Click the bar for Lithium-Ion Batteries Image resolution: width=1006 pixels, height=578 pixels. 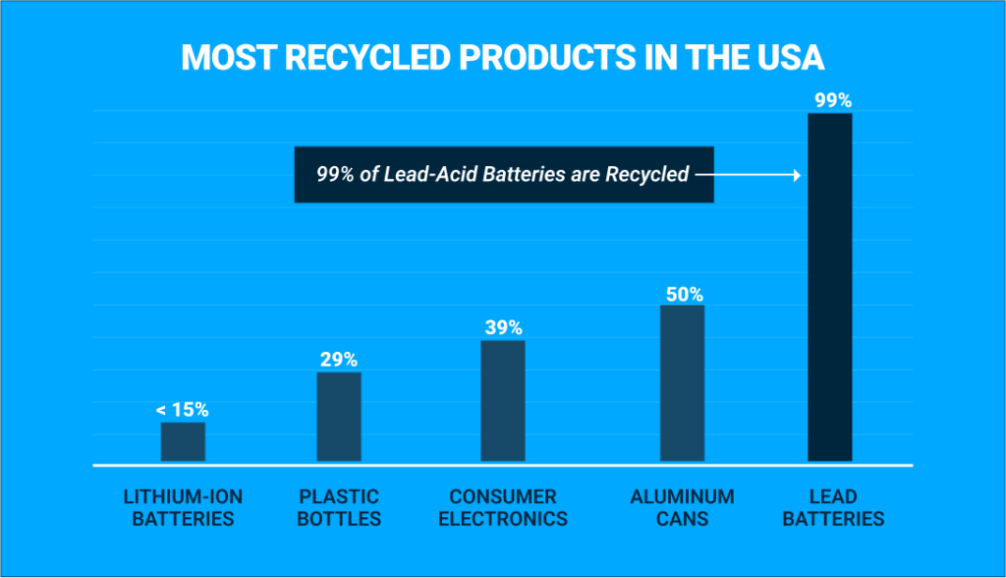click(x=183, y=442)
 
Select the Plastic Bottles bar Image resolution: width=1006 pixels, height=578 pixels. click(x=338, y=417)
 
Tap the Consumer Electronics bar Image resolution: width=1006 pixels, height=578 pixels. click(x=503, y=401)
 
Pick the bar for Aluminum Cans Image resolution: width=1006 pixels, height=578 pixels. click(x=682, y=383)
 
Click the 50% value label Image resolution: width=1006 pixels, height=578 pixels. click(x=682, y=293)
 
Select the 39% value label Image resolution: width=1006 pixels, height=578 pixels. click(x=503, y=327)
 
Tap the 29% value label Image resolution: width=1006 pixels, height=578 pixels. click(x=338, y=359)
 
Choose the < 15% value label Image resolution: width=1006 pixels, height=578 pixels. click(x=183, y=409)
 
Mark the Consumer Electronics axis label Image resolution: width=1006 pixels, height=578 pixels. click(x=503, y=507)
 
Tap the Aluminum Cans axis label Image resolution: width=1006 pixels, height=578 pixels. click(x=682, y=507)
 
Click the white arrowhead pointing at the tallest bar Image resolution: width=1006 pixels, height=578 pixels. click(x=798, y=175)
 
